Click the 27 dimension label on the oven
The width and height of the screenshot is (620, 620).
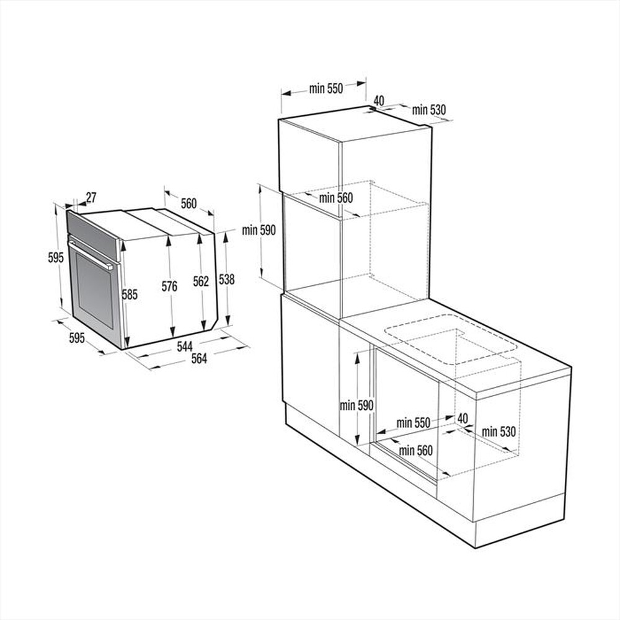[x=91, y=198]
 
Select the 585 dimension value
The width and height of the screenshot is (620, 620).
[x=130, y=295]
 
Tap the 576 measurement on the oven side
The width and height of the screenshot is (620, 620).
[x=169, y=286]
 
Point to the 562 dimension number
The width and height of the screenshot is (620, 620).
[x=201, y=281]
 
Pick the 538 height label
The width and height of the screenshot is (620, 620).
[x=227, y=280]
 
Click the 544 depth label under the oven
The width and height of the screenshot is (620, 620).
[x=185, y=347]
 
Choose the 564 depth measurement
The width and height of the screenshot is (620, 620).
[x=199, y=358]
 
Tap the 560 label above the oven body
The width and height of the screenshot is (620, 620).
[x=188, y=203]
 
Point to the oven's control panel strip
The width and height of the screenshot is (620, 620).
[x=92, y=234]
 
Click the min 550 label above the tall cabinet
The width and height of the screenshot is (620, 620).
[x=326, y=89]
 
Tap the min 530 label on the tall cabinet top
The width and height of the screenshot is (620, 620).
[x=429, y=110]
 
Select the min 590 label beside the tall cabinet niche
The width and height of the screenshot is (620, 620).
[x=259, y=230]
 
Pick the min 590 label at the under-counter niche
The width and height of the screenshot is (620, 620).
[x=356, y=405]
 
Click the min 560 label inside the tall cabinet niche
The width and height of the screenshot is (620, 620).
[x=336, y=198]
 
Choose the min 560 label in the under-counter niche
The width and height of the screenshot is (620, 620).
[x=416, y=451]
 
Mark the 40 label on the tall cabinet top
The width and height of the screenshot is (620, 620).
[x=379, y=100]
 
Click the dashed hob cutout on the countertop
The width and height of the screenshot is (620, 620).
[x=451, y=339]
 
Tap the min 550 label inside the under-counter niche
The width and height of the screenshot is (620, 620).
[x=414, y=423]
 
